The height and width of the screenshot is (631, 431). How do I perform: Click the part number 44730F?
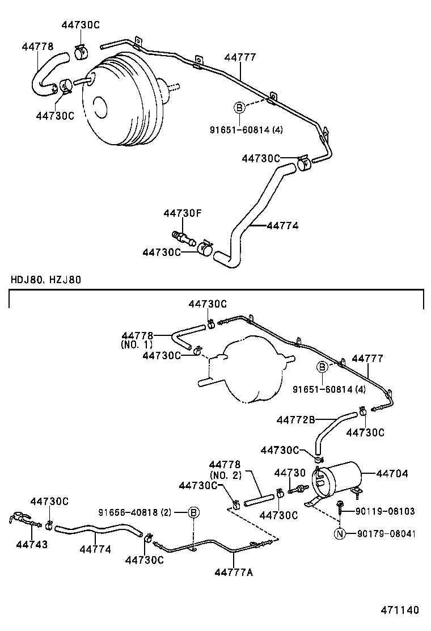click(x=183, y=213)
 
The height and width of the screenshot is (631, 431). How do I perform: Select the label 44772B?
click(x=295, y=420)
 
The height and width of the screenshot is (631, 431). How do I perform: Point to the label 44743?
click(x=31, y=544)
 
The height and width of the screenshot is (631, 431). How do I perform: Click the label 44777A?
click(x=233, y=572)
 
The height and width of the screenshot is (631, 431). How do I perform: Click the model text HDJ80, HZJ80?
click(x=45, y=280)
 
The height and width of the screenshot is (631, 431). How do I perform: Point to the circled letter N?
click(x=340, y=533)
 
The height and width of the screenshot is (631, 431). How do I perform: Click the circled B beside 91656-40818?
click(x=193, y=513)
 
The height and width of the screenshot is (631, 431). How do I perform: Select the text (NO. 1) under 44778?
click(x=137, y=344)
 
